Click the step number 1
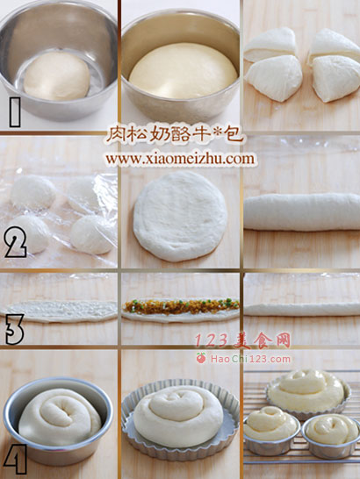coord(15,112)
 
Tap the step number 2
coord(16,242)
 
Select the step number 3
coord(14,329)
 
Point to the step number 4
coord(15,459)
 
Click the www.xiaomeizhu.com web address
coord(180,159)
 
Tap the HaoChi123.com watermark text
coord(250,359)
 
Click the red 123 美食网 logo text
coord(242,340)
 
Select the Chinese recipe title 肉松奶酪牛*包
coord(175,134)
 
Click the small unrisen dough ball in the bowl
coord(57,76)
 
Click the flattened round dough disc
coord(181,217)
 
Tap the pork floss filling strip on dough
coord(181,306)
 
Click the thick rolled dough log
coord(302,211)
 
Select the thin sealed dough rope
coord(302,309)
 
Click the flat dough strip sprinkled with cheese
coord(59,311)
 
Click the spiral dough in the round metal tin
coord(60,417)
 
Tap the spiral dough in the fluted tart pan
coord(178,416)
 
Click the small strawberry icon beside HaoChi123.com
coord(201,358)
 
